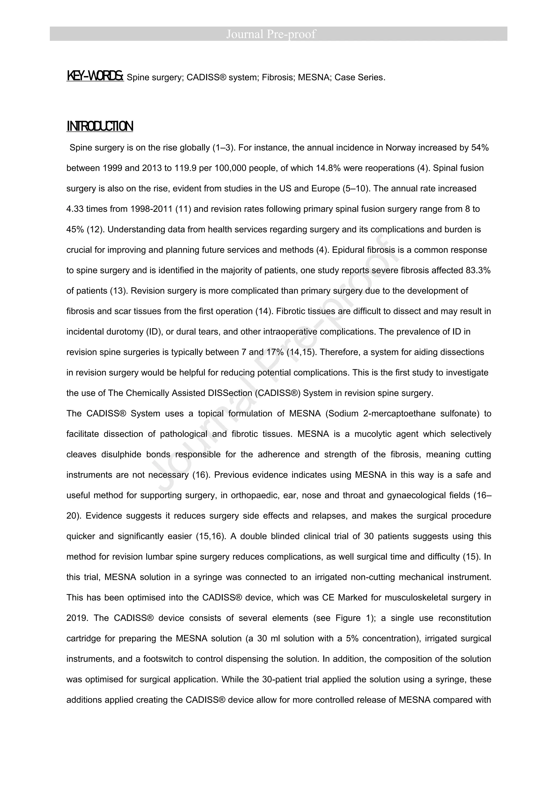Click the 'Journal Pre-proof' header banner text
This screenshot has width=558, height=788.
tap(271, 34)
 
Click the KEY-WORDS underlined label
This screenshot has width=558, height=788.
tap(95, 76)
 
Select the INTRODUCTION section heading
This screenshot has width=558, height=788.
tap(100, 127)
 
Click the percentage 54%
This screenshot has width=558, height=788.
tap(480, 148)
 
